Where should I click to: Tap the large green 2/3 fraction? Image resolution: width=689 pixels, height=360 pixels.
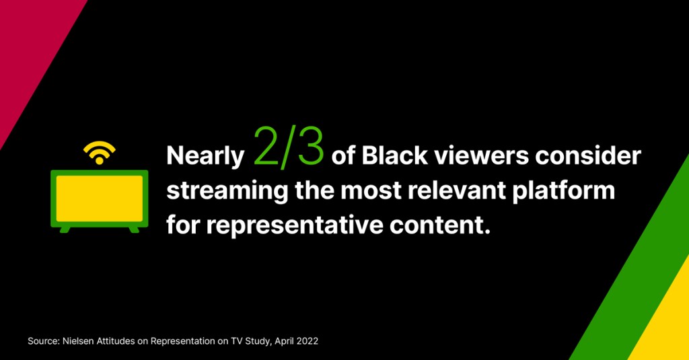289,147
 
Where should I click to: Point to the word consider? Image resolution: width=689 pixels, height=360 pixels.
588,155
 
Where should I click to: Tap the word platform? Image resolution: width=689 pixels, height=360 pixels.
563,192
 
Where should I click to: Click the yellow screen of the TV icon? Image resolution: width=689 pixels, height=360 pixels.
100,199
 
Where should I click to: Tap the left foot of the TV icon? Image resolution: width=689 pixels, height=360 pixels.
65,229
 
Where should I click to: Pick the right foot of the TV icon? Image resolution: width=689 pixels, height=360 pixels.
134,229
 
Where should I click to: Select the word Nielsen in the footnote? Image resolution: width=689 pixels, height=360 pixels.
77,341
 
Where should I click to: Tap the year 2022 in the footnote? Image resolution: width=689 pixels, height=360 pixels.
307,341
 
